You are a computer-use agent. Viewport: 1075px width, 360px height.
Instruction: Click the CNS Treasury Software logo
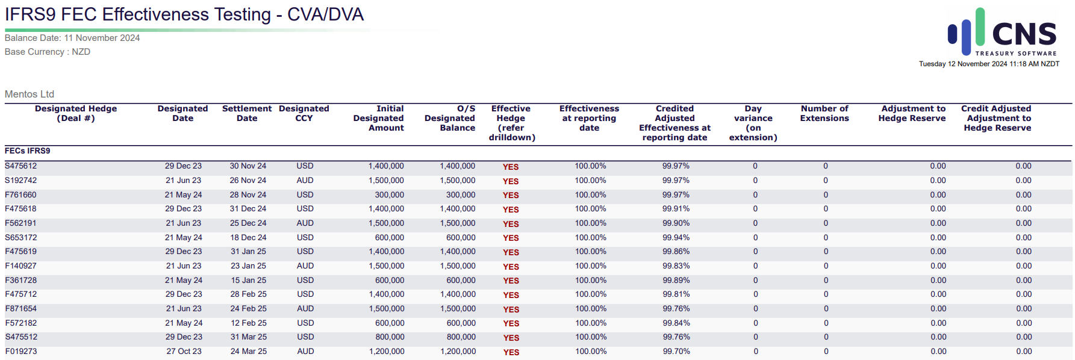coord(1003,32)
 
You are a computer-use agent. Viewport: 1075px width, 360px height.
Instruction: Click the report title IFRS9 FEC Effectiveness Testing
coord(138,14)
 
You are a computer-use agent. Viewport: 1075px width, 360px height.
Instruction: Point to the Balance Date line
coord(72,38)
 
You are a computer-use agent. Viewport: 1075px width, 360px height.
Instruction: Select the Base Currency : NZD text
coord(48,52)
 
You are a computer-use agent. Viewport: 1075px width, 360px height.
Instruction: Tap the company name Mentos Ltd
coord(30,94)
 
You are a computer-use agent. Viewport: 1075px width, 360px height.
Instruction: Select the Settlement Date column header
coord(247,113)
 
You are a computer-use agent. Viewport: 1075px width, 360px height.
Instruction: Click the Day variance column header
coord(753,123)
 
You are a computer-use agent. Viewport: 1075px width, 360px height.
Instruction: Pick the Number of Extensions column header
coord(824,113)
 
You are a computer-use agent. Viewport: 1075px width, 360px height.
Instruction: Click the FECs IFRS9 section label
coord(28,151)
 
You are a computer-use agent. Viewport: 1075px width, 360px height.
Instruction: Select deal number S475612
coord(21,166)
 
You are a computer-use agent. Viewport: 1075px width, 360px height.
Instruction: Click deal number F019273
coord(21,352)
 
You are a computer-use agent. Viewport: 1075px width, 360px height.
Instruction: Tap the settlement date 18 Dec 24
coord(248,238)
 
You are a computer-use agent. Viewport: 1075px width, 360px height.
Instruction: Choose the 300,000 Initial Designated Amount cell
coord(390,195)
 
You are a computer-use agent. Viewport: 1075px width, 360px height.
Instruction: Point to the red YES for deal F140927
coord(511,267)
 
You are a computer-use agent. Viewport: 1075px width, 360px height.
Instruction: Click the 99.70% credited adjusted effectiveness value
coord(676,352)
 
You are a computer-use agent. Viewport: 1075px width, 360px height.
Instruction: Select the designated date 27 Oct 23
coord(184,352)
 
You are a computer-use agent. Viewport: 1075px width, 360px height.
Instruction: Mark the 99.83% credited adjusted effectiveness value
coord(676,266)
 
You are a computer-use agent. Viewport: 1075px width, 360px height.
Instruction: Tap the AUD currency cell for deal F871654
coord(305,309)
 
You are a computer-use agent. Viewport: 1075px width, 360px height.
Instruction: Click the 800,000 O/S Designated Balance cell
coord(461,337)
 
